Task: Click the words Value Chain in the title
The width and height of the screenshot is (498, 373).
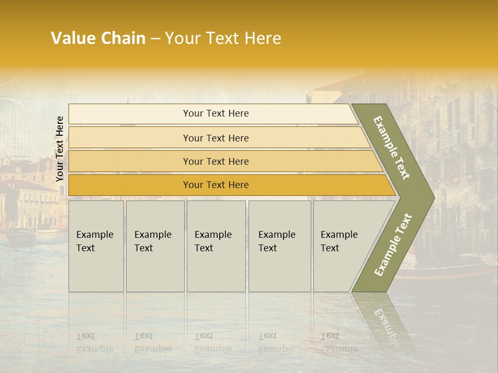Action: (x=98, y=38)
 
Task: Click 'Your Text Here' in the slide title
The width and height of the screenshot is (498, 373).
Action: (x=223, y=38)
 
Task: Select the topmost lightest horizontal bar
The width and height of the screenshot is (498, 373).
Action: (x=216, y=113)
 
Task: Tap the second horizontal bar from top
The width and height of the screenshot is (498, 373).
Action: (x=216, y=138)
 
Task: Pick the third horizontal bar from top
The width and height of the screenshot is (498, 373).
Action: (x=216, y=161)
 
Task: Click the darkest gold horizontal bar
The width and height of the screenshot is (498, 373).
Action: (x=216, y=185)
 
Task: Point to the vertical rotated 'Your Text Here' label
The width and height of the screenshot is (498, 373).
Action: (x=60, y=149)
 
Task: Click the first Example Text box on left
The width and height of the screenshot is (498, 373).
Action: (x=96, y=246)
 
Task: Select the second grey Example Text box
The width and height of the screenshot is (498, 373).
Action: (x=155, y=246)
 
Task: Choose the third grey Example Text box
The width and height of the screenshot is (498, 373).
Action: (x=216, y=246)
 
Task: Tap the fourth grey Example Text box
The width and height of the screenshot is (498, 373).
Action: (x=279, y=246)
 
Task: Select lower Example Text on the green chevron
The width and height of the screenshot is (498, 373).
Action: (x=393, y=245)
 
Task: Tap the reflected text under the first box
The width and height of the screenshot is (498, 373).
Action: (x=94, y=342)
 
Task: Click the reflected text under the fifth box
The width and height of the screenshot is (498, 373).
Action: (x=339, y=342)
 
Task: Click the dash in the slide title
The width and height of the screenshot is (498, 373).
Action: (x=155, y=39)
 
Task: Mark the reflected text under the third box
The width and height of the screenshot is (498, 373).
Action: (x=213, y=342)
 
